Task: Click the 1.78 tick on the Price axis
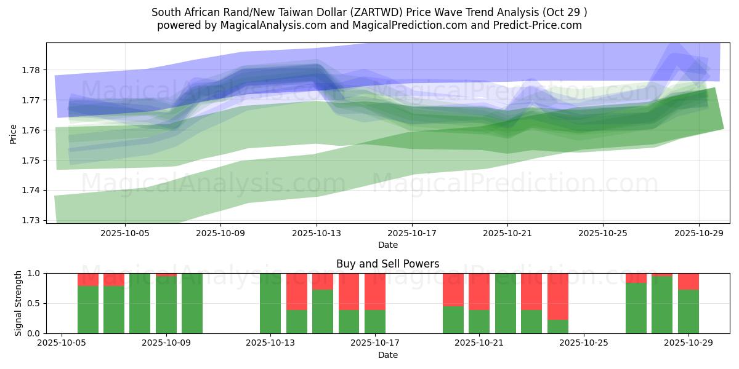(31, 70)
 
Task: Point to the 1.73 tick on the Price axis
(31, 220)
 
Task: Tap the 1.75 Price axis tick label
(31, 161)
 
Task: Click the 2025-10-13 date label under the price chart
(317, 234)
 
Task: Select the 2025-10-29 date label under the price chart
(698, 234)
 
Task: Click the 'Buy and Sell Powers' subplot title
(387, 264)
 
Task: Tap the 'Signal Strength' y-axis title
(18, 303)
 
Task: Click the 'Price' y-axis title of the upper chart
(13, 133)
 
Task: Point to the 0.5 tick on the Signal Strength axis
(34, 303)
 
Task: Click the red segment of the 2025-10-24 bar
(557, 295)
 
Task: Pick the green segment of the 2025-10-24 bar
(557, 327)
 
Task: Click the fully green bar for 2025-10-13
(270, 303)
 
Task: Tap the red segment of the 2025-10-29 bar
(688, 281)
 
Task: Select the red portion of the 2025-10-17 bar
(374, 291)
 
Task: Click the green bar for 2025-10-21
(505, 303)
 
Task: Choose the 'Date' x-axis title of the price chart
(387, 245)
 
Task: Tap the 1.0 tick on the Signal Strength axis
(34, 273)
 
